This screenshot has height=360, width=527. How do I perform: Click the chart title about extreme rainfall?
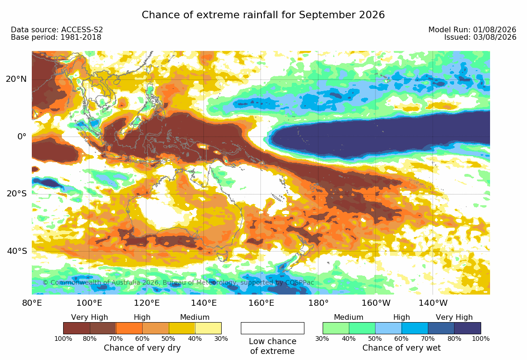263,15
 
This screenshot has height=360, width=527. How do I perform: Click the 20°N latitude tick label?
16,79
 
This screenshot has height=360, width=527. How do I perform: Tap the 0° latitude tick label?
22,137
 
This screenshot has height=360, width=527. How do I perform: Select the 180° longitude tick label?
318,303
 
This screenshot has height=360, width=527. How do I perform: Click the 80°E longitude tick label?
32,303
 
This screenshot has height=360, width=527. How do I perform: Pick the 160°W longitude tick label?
376,303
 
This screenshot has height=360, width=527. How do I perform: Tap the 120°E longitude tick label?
147,303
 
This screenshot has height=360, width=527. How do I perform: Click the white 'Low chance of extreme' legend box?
273,328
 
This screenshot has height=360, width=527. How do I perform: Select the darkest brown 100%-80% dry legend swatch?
77,328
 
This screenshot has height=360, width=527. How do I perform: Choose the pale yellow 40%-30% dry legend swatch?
208,328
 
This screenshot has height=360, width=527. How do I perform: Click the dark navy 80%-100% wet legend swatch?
468,328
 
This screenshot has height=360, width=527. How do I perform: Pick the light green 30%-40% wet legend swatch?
336,328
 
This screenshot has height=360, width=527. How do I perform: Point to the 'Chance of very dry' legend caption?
142,348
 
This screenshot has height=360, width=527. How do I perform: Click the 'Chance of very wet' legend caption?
401,348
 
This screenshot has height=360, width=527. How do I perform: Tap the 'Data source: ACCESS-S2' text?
57,29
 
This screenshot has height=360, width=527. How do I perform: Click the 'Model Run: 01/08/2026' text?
472,29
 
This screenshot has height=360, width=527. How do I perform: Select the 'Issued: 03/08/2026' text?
480,37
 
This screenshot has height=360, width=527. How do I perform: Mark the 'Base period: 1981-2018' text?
56,37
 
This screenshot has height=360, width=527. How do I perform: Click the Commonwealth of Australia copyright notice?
178,282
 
